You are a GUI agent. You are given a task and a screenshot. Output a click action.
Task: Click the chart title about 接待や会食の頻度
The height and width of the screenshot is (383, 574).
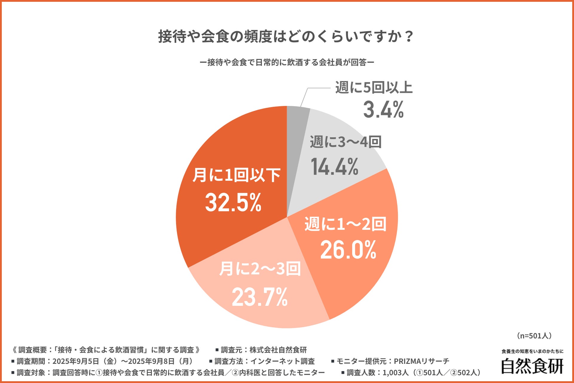tap(286, 37)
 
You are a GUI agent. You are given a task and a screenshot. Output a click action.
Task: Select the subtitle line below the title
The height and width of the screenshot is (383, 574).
tap(287, 62)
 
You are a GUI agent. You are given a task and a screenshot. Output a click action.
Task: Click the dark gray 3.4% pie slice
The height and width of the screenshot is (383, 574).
tap(296, 120)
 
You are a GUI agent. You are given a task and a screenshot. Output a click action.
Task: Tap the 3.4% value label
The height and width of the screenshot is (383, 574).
tap(384, 110)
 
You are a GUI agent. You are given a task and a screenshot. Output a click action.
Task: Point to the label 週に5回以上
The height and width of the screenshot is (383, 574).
tap(374, 88)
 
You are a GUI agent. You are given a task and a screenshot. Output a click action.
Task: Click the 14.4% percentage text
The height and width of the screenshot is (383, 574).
tap(335, 167)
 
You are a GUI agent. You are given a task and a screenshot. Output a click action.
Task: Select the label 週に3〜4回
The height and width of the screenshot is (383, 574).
tap(346, 142)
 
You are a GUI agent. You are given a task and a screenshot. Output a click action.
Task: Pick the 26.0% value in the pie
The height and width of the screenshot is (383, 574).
tap(348, 250)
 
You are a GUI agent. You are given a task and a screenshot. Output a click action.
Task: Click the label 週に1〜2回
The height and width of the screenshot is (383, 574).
tap(346, 224)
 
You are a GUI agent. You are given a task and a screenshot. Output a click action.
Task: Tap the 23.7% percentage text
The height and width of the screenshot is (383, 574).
tap(260, 297)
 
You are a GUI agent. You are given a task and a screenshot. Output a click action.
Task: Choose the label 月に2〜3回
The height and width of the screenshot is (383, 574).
tap(260, 269)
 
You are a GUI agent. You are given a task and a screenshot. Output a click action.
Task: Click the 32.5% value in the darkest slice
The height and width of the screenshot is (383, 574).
tap(233, 203)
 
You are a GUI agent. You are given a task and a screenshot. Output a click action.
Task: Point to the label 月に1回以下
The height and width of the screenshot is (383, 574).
tap(236, 175)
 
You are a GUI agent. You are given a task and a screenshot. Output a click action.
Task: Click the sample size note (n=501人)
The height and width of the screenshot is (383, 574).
tap(534, 336)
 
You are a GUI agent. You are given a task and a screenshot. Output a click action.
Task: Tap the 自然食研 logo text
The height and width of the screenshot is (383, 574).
tap(532, 366)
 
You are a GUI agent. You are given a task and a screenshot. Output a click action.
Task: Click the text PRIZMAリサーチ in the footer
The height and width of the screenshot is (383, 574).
tap(422, 361)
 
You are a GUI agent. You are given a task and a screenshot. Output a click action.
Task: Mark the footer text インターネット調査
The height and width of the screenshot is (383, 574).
tap(283, 361)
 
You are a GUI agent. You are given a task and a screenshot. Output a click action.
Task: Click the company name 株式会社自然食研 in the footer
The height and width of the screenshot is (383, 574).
tap(278, 350)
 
